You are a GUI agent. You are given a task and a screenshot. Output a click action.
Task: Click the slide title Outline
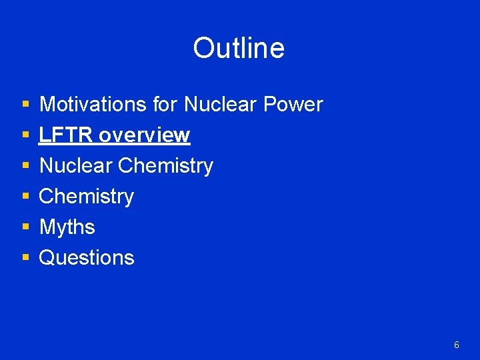[x=239, y=48]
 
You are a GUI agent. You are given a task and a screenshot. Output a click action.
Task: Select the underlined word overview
[x=144, y=135]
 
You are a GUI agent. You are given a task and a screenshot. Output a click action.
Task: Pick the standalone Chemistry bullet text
[x=87, y=197]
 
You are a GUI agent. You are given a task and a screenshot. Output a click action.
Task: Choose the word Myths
[x=67, y=227]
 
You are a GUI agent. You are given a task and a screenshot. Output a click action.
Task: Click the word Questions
[x=87, y=258]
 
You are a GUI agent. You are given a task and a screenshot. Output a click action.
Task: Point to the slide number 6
[x=456, y=345]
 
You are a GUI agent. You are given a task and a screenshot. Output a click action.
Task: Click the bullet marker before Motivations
[x=25, y=105]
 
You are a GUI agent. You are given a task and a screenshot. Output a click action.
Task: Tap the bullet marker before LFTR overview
[x=25, y=136]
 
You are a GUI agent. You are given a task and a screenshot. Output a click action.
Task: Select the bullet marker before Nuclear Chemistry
[x=25, y=167]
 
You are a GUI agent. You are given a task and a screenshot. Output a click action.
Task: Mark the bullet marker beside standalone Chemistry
[x=25, y=197]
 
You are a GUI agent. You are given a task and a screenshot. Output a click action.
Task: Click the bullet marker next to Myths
[x=25, y=228]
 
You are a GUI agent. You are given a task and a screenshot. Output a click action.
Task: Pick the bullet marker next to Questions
[x=25, y=259]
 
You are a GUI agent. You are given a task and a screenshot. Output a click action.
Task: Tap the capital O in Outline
[x=203, y=48]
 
